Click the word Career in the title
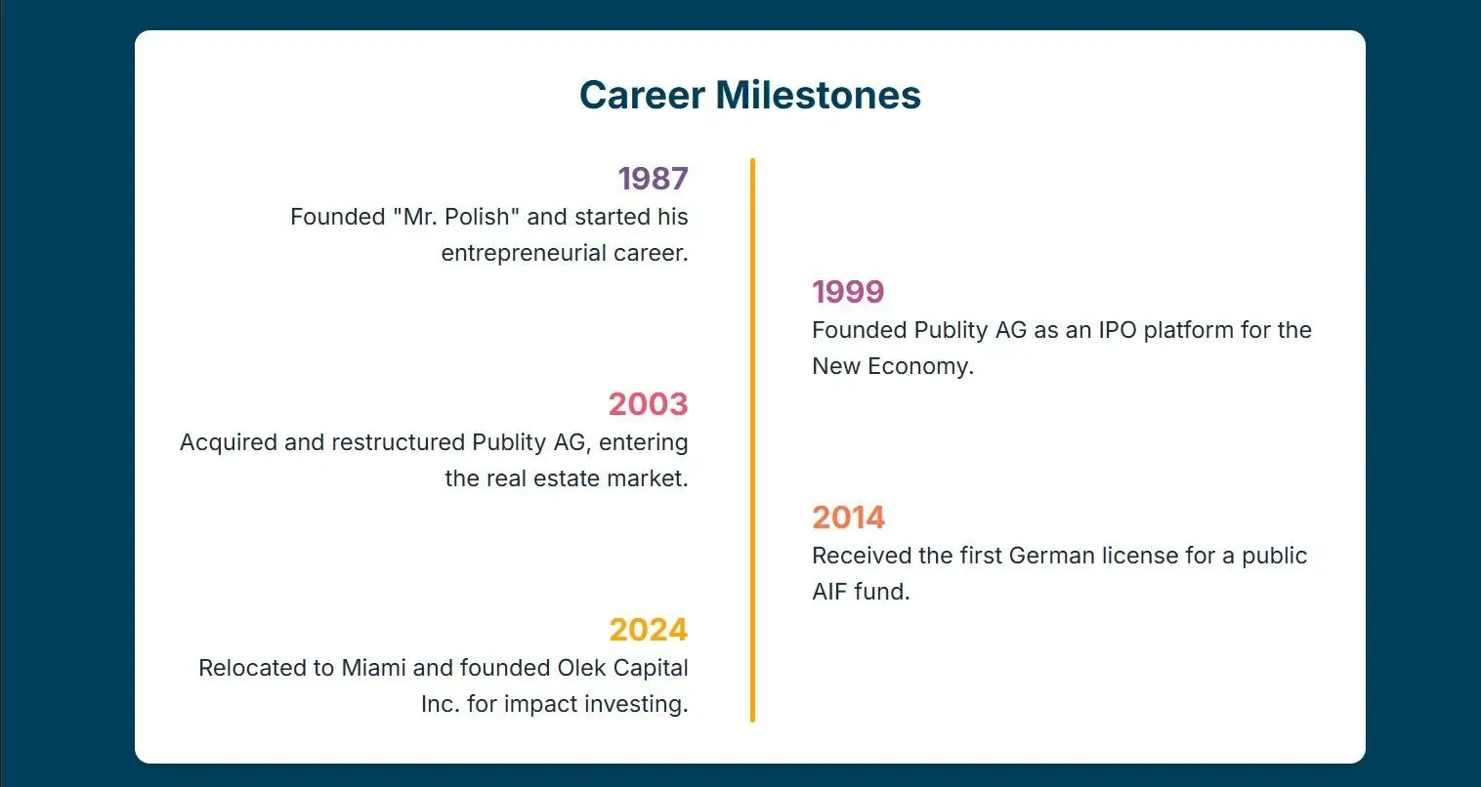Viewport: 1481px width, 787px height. point(642,95)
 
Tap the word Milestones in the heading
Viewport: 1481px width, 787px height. point(818,95)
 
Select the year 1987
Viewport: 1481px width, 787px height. point(654,179)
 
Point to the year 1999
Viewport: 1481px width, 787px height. point(848,291)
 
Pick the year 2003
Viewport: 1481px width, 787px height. point(648,403)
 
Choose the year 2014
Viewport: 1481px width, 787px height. point(848,517)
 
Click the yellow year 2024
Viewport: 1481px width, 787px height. point(648,629)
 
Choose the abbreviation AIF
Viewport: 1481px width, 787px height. point(829,592)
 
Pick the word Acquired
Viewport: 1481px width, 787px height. point(228,442)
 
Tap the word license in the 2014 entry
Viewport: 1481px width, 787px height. point(1140,556)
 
